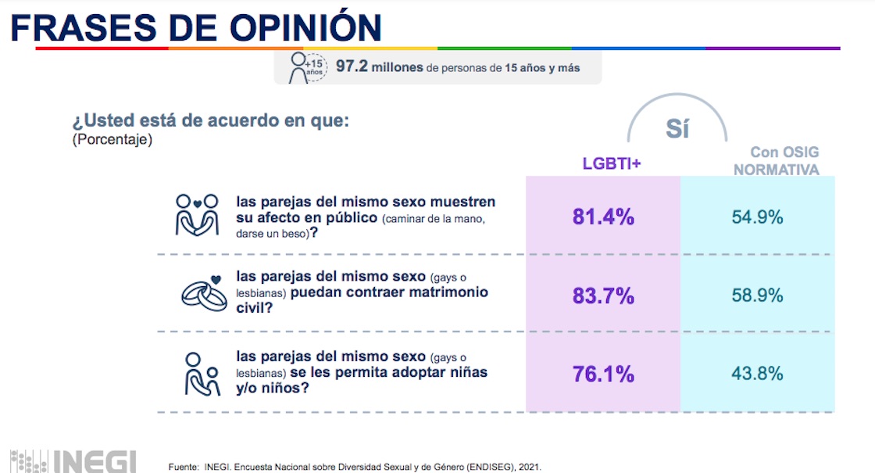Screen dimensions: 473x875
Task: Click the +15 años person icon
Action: [305, 67]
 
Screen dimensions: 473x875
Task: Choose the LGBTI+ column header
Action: [612, 163]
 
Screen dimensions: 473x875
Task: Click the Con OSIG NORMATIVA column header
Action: [775, 161]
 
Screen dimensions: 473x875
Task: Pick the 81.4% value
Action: [603, 217]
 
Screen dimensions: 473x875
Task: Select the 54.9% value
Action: [757, 217]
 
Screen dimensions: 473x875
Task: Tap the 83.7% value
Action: [603, 296]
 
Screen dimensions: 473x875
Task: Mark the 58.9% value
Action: [757, 296]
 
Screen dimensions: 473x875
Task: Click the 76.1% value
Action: [603, 374]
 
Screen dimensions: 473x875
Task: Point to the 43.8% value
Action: [757, 374]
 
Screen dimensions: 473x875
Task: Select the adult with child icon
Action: [200, 374]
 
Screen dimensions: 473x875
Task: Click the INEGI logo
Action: [74, 460]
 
